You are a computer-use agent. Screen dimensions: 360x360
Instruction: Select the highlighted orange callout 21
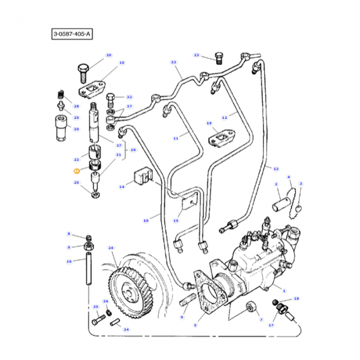pyautogui.click(x=76, y=172)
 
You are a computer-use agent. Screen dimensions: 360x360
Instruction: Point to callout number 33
pyautogui.click(x=173, y=63)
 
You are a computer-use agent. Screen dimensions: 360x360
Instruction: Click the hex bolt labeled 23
pyautogui.click(x=218, y=57)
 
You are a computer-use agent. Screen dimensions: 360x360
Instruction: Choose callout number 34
pyautogui.click(x=126, y=329)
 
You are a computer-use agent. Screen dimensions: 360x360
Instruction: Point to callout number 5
pyautogui.click(x=195, y=325)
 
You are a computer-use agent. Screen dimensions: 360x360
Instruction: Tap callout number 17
pyautogui.click(x=271, y=325)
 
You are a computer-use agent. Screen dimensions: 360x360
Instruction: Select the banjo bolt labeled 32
pyautogui.click(x=110, y=101)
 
